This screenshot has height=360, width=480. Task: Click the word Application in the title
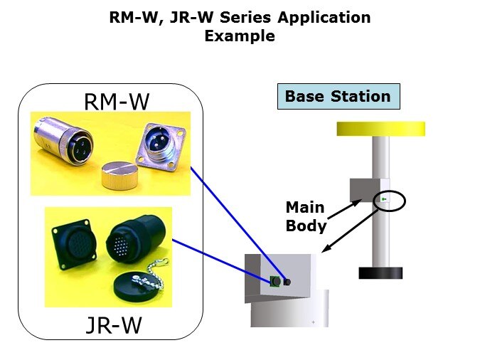pyautogui.click(x=324, y=18)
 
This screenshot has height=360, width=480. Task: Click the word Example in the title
pyautogui.click(x=240, y=36)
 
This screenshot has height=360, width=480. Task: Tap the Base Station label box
pyautogui.click(x=338, y=96)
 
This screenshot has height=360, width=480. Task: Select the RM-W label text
pyautogui.click(x=117, y=102)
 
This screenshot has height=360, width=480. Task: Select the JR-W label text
pyautogui.click(x=114, y=325)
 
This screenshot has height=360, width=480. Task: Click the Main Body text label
pyautogui.click(x=306, y=216)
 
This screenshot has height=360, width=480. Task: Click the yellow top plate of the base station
pyautogui.click(x=381, y=129)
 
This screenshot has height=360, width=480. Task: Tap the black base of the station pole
pyautogui.click(x=380, y=273)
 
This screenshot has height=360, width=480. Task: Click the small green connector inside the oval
pyautogui.click(x=384, y=199)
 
